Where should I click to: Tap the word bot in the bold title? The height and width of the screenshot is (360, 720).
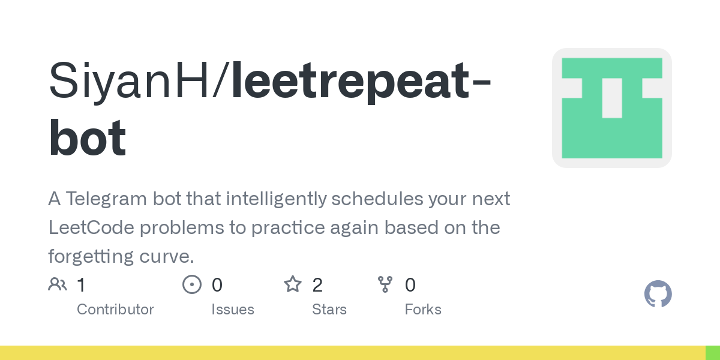click(88, 139)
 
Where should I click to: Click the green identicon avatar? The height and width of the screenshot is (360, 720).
click(611, 108)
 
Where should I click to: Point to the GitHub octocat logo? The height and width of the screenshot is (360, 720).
click(658, 294)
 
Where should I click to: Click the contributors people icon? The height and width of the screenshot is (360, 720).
click(58, 284)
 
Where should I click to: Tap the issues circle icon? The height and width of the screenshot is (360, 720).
click(191, 284)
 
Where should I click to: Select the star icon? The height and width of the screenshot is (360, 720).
click(292, 284)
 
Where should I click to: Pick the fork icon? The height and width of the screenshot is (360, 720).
click(385, 284)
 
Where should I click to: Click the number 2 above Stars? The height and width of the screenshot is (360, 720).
click(317, 285)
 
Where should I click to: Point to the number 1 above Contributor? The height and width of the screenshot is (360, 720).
click(82, 285)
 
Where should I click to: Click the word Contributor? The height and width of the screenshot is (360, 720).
click(115, 310)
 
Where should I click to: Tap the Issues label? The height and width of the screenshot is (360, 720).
click(233, 310)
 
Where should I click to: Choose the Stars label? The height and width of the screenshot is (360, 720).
click(329, 310)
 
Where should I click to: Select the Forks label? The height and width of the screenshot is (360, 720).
click(423, 310)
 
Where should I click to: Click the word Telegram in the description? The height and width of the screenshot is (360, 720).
click(115, 199)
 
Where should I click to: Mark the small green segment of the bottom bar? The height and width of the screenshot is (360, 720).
click(712, 353)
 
